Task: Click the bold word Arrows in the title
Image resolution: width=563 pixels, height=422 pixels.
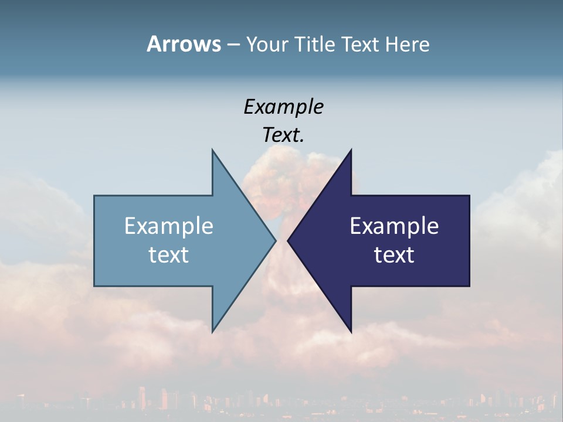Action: click(x=184, y=44)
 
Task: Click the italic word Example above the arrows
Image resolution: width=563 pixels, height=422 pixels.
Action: click(x=283, y=107)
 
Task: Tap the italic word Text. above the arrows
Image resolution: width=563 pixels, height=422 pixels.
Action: click(x=282, y=135)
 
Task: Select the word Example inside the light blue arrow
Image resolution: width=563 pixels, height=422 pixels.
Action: click(x=169, y=226)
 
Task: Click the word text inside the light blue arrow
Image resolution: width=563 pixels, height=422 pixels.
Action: click(x=169, y=255)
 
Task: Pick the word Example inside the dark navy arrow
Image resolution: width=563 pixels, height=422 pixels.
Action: click(x=394, y=226)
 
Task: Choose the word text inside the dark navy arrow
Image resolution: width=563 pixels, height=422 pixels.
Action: click(x=394, y=255)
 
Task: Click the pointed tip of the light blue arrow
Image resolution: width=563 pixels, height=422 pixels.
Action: click(x=274, y=240)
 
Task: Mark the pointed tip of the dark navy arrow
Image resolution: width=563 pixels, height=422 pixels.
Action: click(x=289, y=240)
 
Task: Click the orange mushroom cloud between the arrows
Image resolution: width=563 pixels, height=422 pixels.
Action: click(x=281, y=176)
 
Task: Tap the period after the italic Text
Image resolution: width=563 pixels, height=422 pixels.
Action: click(x=302, y=141)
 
